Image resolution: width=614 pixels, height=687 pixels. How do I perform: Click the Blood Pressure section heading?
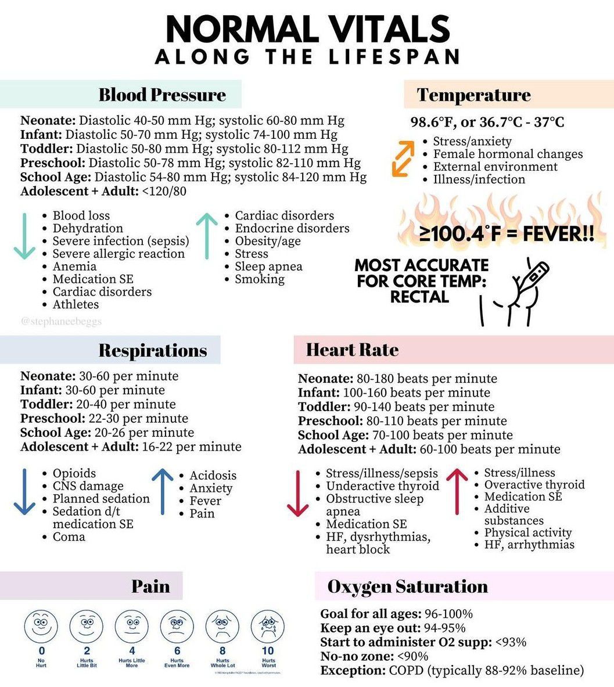(x=162, y=95)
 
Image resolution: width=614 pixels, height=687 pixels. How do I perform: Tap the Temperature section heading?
(x=473, y=95)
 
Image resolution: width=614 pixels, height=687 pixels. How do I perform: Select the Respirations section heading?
(x=152, y=351)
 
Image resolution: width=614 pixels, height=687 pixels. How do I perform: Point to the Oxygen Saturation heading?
(x=407, y=587)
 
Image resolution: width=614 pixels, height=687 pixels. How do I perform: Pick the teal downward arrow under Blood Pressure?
(x=24, y=236)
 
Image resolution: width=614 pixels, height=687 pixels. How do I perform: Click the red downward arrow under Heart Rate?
(x=298, y=494)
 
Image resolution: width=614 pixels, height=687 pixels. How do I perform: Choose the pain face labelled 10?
(x=268, y=626)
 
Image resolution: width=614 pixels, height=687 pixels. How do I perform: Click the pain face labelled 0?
(x=41, y=626)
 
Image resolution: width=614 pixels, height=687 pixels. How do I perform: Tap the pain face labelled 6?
(x=177, y=626)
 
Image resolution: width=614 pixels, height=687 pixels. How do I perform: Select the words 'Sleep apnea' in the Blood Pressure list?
(x=268, y=267)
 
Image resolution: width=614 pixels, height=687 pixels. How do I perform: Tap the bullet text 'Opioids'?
(x=74, y=473)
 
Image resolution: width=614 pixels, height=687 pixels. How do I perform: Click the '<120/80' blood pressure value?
(x=164, y=191)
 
